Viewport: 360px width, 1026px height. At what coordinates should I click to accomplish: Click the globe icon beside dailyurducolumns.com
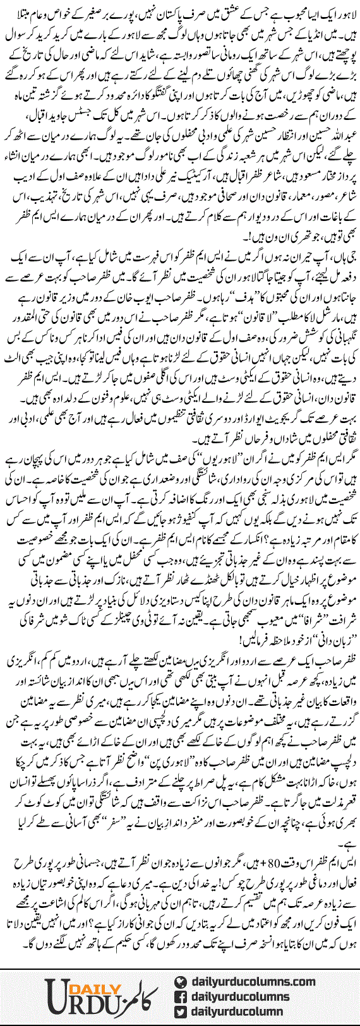(x=181, y=982)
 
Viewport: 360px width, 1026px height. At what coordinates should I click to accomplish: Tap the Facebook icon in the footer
(x=181, y=997)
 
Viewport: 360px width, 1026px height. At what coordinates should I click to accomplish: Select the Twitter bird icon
(x=181, y=1012)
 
